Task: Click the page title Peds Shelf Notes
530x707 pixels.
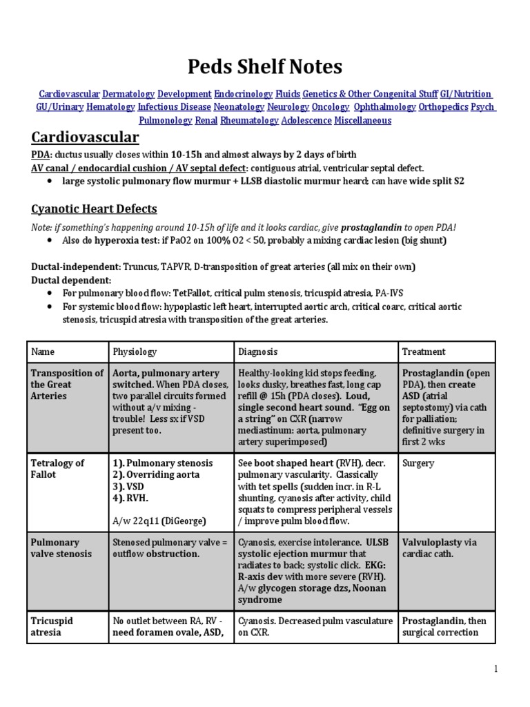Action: [265, 67]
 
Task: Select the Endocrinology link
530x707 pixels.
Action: [243, 94]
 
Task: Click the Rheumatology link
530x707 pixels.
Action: [250, 120]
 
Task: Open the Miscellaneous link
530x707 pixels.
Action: [362, 120]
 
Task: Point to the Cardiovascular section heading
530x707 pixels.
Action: [85, 138]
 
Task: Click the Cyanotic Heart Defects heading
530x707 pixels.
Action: [94, 209]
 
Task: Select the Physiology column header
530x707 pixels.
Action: [135, 351]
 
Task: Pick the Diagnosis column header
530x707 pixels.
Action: [258, 351]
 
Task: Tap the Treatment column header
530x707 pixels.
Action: [424, 351]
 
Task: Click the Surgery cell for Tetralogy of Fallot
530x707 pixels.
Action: [418, 463]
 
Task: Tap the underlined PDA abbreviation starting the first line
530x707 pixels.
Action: [41, 154]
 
